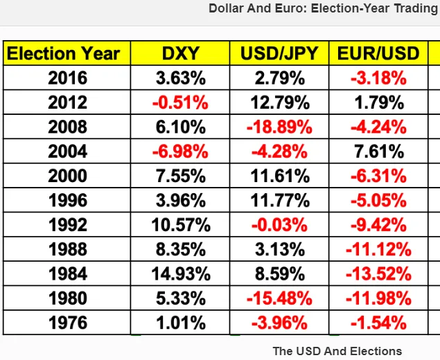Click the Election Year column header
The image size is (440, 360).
coord(64,53)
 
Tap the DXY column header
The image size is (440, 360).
coord(180,53)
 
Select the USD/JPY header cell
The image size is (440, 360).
coord(279,53)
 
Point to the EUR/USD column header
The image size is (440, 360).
coord(378,53)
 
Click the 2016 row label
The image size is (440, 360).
coord(67,78)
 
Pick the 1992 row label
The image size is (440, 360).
coord(67,225)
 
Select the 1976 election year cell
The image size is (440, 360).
coord(67,323)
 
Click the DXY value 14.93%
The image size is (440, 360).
coord(181,273)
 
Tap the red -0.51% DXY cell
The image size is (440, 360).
coord(180,102)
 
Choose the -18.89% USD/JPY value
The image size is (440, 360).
coord(279,127)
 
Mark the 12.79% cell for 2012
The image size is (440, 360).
coord(280,102)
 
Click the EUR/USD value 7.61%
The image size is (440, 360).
coord(379,152)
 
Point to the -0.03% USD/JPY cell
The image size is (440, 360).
coord(279,225)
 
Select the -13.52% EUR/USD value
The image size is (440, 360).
coord(378,273)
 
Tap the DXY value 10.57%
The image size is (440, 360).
coord(181,225)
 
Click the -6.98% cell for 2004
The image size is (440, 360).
coord(180,152)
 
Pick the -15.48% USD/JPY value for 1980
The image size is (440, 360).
coord(279,298)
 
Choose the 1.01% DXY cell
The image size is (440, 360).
coord(181,323)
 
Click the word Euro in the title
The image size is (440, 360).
coord(291,8)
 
